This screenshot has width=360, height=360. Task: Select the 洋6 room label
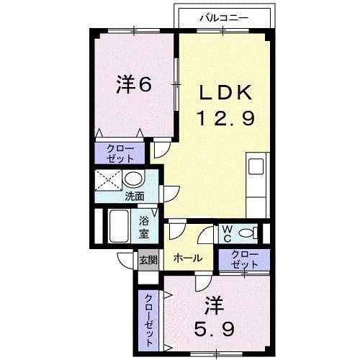click(x=134, y=86)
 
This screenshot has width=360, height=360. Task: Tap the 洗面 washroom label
click(x=133, y=195)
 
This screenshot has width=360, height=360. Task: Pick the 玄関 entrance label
click(x=148, y=259)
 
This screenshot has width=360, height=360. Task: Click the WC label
click(x=225, y=233)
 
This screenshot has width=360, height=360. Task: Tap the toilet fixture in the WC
click(x=247, y=233)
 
